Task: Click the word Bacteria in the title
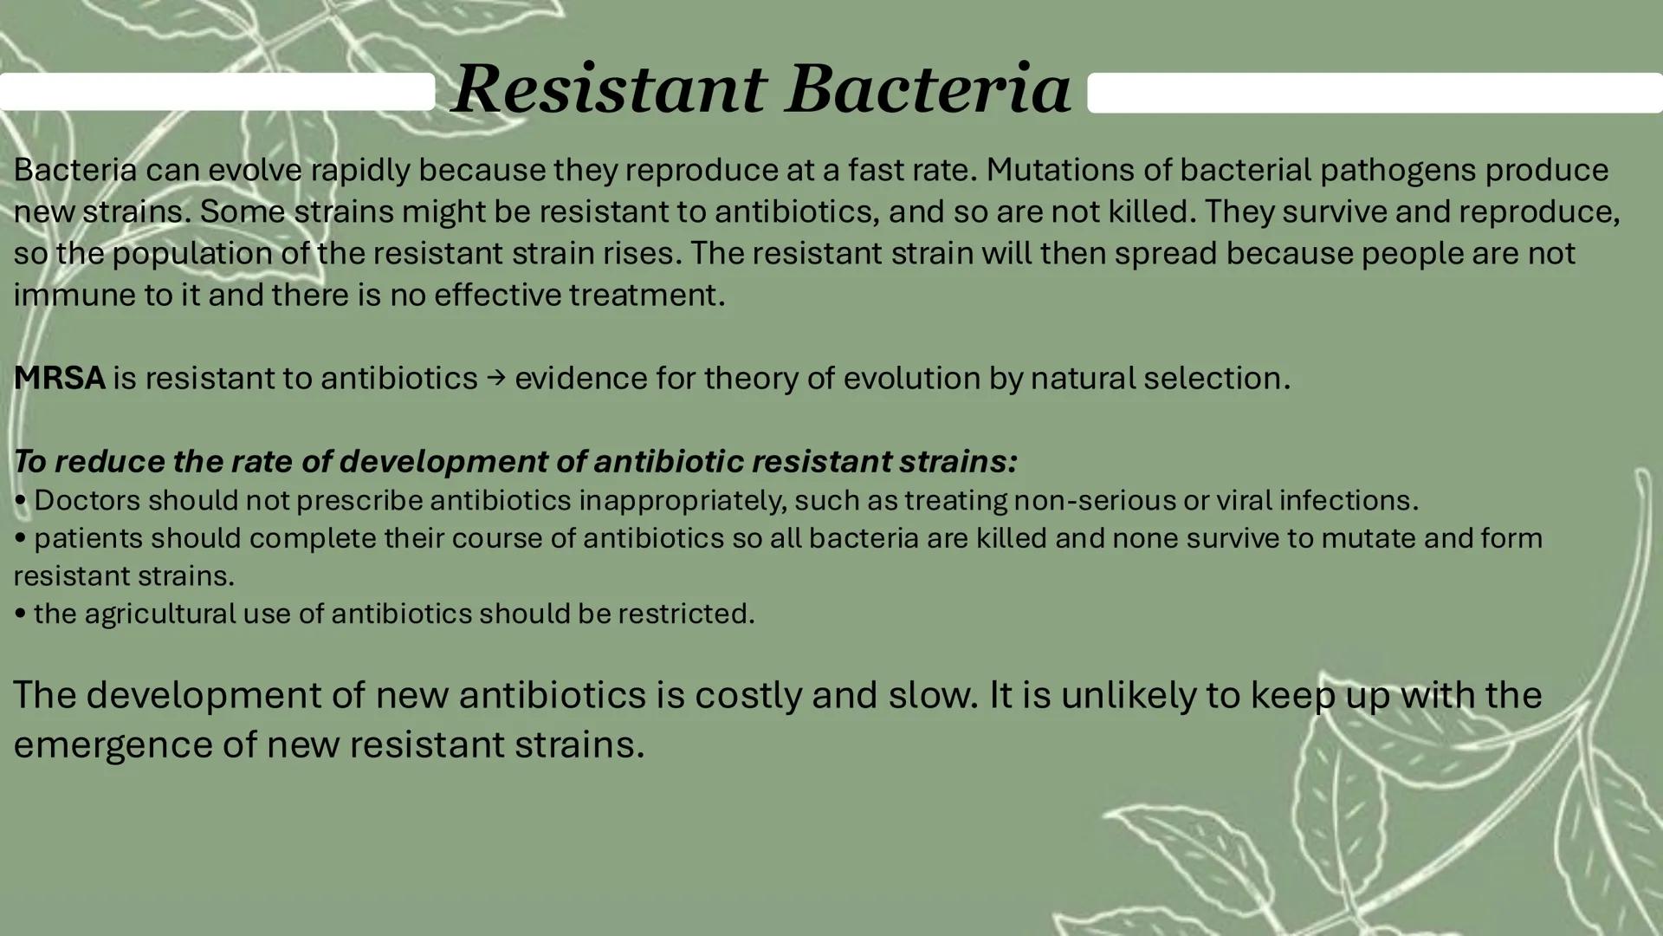(929, 88)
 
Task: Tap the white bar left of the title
(217, 92)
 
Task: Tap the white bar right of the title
(1375, 93)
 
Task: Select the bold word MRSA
(59, 378)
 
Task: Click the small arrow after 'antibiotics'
(495, 378)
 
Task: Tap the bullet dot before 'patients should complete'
(20, 538)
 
